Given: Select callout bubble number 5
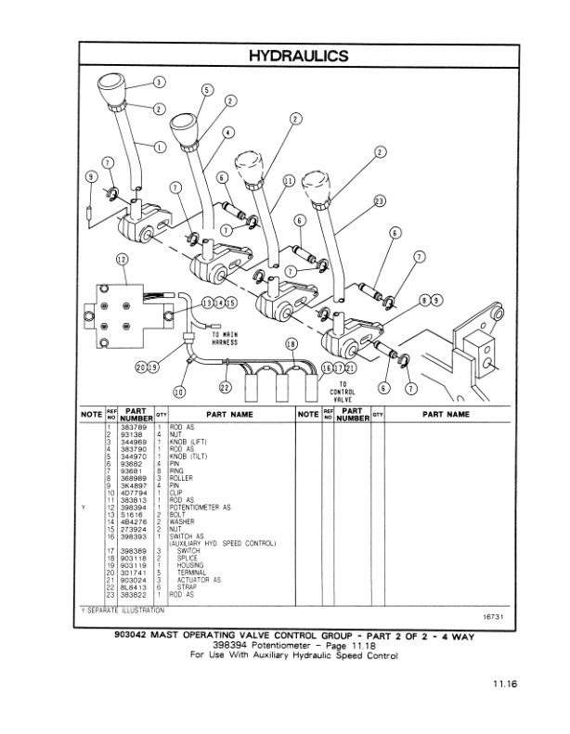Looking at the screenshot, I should pos(208,90).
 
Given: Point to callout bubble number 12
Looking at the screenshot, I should pos(123,259).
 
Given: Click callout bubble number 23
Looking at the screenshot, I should pos(379,200).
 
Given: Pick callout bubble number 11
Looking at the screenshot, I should pos(288,181).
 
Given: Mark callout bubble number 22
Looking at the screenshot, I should pos(224,387).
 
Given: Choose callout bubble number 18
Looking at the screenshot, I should pos(291,343).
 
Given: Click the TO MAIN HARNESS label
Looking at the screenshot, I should pos(226,339).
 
